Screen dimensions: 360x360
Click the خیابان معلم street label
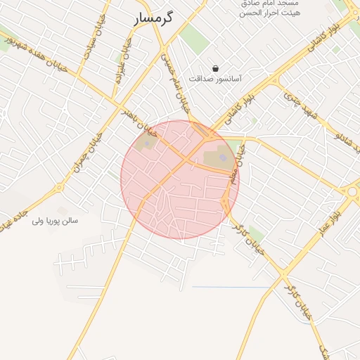[x=235, y=165]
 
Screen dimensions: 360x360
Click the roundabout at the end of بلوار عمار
[x=352, y=191]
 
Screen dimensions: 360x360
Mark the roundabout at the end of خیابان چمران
[x=59, y=188]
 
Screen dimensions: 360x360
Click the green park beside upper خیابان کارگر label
[x=257, y=233]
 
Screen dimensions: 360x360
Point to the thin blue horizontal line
[x=231, y=287]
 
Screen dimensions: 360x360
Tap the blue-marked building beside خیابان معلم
[x=221, y=157]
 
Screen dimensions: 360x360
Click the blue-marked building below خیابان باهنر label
[x=147, y=146]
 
